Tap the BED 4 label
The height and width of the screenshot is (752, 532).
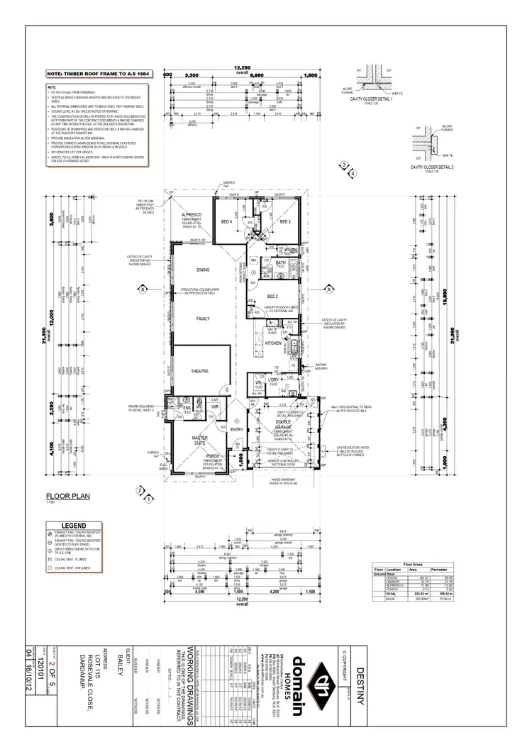click(x=226, y=222)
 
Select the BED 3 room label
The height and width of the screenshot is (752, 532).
click(x=285, y=222)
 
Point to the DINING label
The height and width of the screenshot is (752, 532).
click(x=203, y=270)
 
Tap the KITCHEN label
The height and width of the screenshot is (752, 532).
click(x=273, y=343)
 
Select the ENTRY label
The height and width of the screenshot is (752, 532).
click(x=237, y=429)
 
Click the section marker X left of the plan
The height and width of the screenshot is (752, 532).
click(x=142, y=289)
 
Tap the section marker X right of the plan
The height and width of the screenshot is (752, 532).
click(x=330, y=289)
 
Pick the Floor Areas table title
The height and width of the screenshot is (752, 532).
click(x=412, y=565)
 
